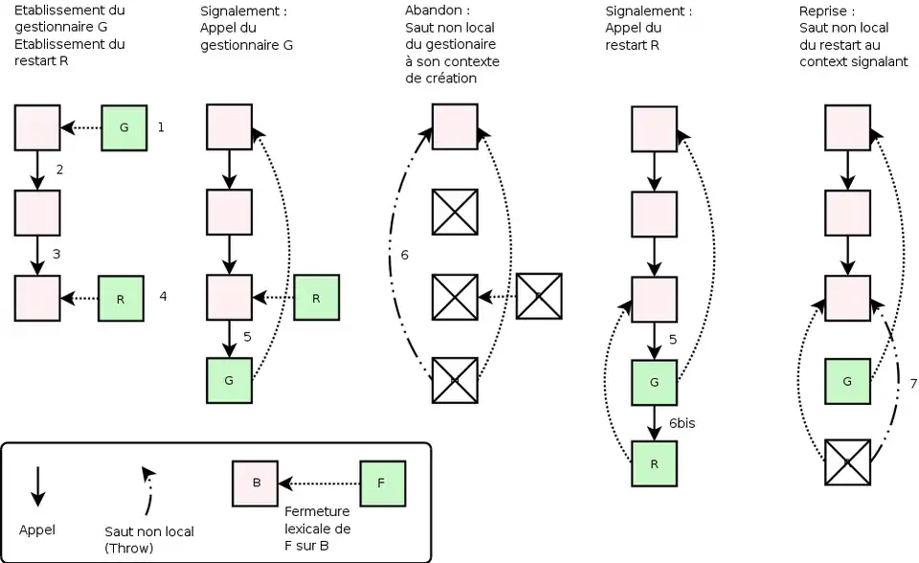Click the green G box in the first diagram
click(124, 127)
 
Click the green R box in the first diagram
click(122, 298)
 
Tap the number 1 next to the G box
click(161, 126)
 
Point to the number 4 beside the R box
click(163, 297)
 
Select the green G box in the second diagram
click(229, 380)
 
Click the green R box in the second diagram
click(316, 298)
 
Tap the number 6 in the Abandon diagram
click(405, 256)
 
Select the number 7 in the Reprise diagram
click(913, 383)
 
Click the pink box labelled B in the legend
click(257, 483)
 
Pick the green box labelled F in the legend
click(382, 483)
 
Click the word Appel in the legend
click(36, 529)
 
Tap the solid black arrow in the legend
click(37, 486)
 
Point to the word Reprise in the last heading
click(821, 11)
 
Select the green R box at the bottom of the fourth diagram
click(655, 464)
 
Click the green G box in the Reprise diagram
click(847, 381)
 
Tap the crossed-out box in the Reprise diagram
click(847, 462)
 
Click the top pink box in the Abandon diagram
click(455, 127)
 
